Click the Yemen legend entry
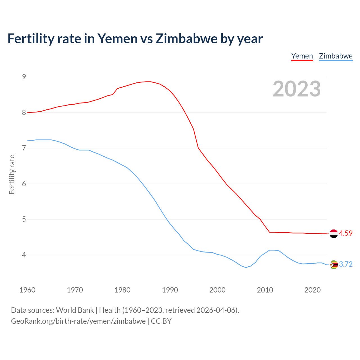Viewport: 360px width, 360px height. click(x=302, y=56)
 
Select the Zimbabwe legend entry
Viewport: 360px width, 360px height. click(x=336, y=56)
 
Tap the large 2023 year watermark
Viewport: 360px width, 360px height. click(x=297, y=89)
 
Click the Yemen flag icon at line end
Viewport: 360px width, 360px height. click(x=334, y=233)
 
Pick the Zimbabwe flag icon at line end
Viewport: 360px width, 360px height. click(x=334, y=264)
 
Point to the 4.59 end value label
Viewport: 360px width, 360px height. click(x=346, y=233)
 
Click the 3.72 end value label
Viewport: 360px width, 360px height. click(x=346, y=264)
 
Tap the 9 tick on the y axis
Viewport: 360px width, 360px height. click(x=24, y=77)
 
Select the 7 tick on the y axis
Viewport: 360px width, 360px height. click(x=24, y=148)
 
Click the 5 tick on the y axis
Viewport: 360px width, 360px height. click(x=24, y=219)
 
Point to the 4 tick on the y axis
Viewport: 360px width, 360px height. click(x=24, y=255)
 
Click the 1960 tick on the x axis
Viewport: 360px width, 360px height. click(x=27, y=290)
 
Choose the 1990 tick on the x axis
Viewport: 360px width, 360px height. click(x=170, y=290)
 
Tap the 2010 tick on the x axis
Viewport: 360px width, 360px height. click(x=265, y=290)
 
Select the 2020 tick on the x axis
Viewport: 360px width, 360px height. click(x=312, y=290)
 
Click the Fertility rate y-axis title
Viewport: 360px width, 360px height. click(x=12, y=174)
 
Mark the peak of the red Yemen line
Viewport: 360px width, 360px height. click(x=148, y=82)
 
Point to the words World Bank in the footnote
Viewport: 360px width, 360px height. click(x=75, y=310)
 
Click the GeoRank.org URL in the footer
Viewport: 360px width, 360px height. click(x=78, y=321)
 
